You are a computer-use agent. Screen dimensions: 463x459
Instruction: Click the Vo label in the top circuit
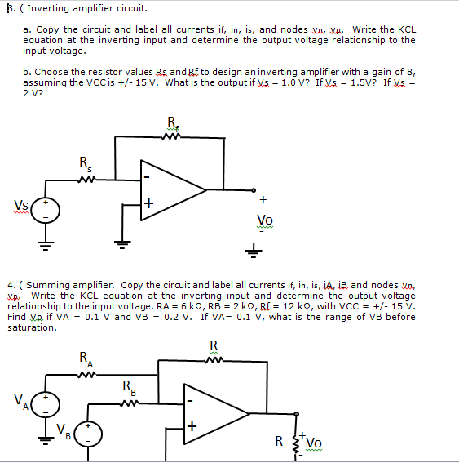[265, 220]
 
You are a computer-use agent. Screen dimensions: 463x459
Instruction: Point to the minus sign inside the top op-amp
[148, 176]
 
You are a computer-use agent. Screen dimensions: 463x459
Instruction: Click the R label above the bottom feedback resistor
[214, 345]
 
